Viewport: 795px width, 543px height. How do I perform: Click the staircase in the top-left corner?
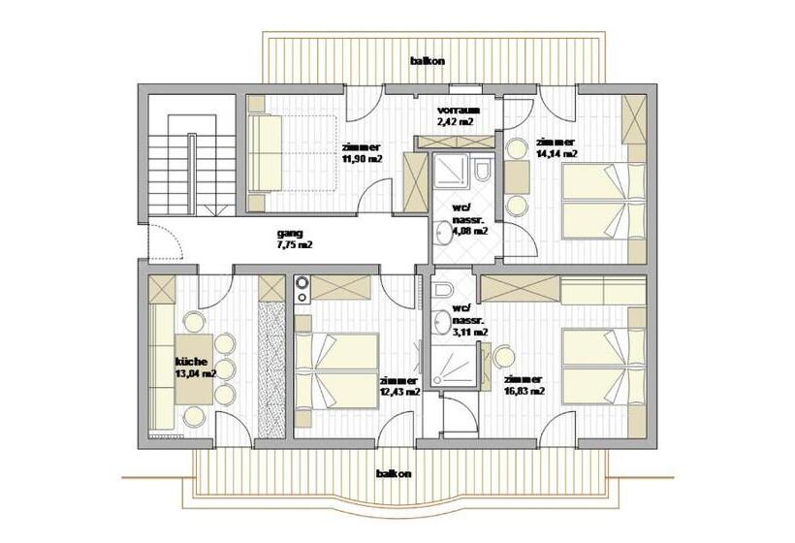[x=190, y=160]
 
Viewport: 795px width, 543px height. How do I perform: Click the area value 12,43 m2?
[x=400, y=393]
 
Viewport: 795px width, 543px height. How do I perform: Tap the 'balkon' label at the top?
[x=428, y=61]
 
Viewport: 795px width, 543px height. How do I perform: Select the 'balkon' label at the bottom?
[x=395, y=473]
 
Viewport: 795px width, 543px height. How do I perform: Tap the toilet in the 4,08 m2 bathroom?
[x=482, y=172]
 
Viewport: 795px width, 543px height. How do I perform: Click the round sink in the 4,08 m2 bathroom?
[x=443, y=231]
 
